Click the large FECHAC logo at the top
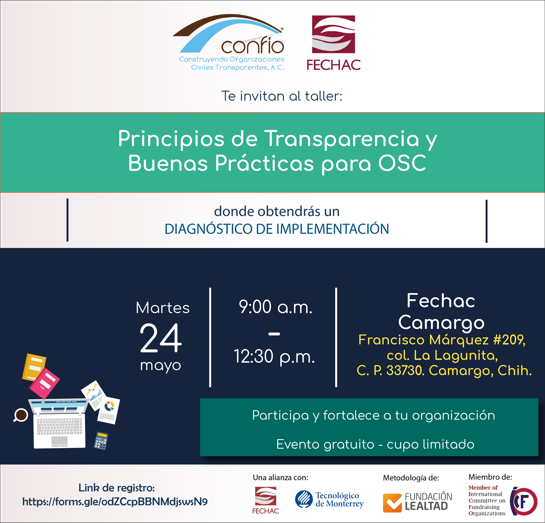click(x=333, y=43)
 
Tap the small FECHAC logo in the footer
click(x=265, y=500)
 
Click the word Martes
click(x=163, y=308)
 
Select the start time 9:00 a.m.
click(x=276, y=307)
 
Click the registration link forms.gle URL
click(x=115, y=502)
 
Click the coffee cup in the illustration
click(x=21, y=415)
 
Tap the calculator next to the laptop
click(x=101, y=441)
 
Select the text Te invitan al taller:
click(x=282, y=96)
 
